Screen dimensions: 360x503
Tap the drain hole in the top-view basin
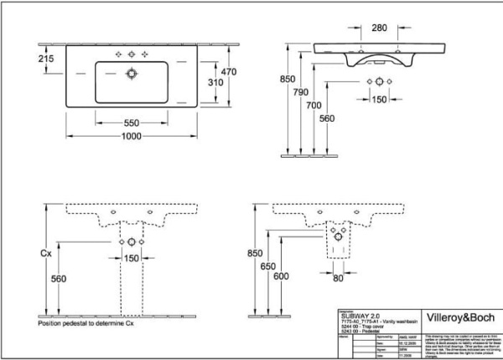point(131,73)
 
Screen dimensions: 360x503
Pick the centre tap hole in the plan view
point(131,54)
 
